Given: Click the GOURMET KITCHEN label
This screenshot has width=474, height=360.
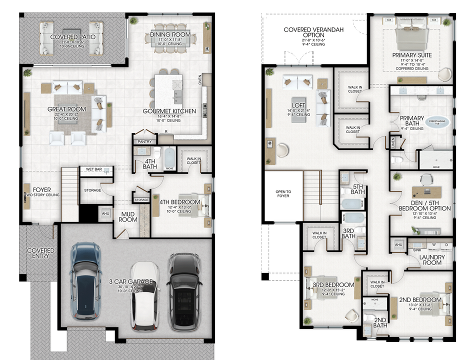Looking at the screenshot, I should [169, 111].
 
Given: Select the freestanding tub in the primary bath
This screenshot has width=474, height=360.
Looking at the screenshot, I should [437, 121].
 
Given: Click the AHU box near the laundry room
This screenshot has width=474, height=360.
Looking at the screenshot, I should [398, 244].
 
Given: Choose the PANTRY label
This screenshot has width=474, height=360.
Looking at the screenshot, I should [144, 141].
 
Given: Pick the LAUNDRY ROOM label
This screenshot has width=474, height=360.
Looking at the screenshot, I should [432, 259].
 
